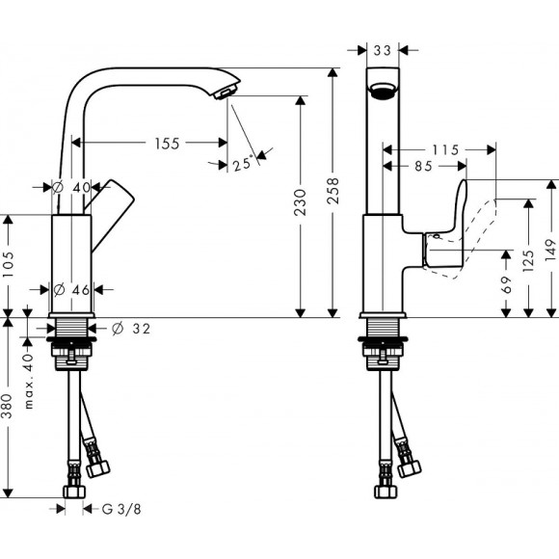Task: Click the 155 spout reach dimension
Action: pyautogui.click(x=167, y=144)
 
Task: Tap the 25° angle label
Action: pyautogui.click(x=245, y=163)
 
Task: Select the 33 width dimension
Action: pyautogui.click(x=383, y=48)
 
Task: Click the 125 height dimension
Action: pyautogui.click(x=529, y=260)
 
